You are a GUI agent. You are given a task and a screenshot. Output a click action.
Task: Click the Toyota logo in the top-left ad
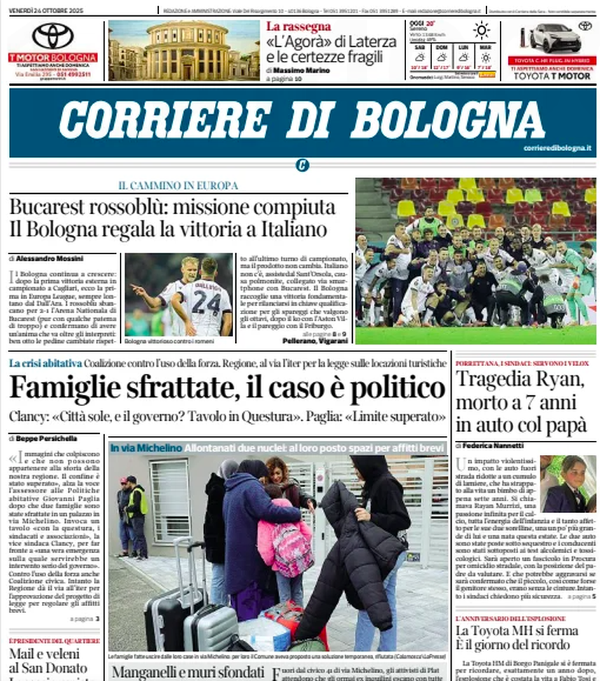click(53, 36)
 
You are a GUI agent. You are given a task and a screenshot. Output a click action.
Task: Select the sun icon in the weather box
click(481, 30)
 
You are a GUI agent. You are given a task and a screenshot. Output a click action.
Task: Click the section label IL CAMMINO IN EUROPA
click(178, 186)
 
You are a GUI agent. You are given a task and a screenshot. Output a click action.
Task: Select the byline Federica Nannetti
click(494, 445)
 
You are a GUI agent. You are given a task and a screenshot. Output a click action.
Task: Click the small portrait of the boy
click(568, 483)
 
